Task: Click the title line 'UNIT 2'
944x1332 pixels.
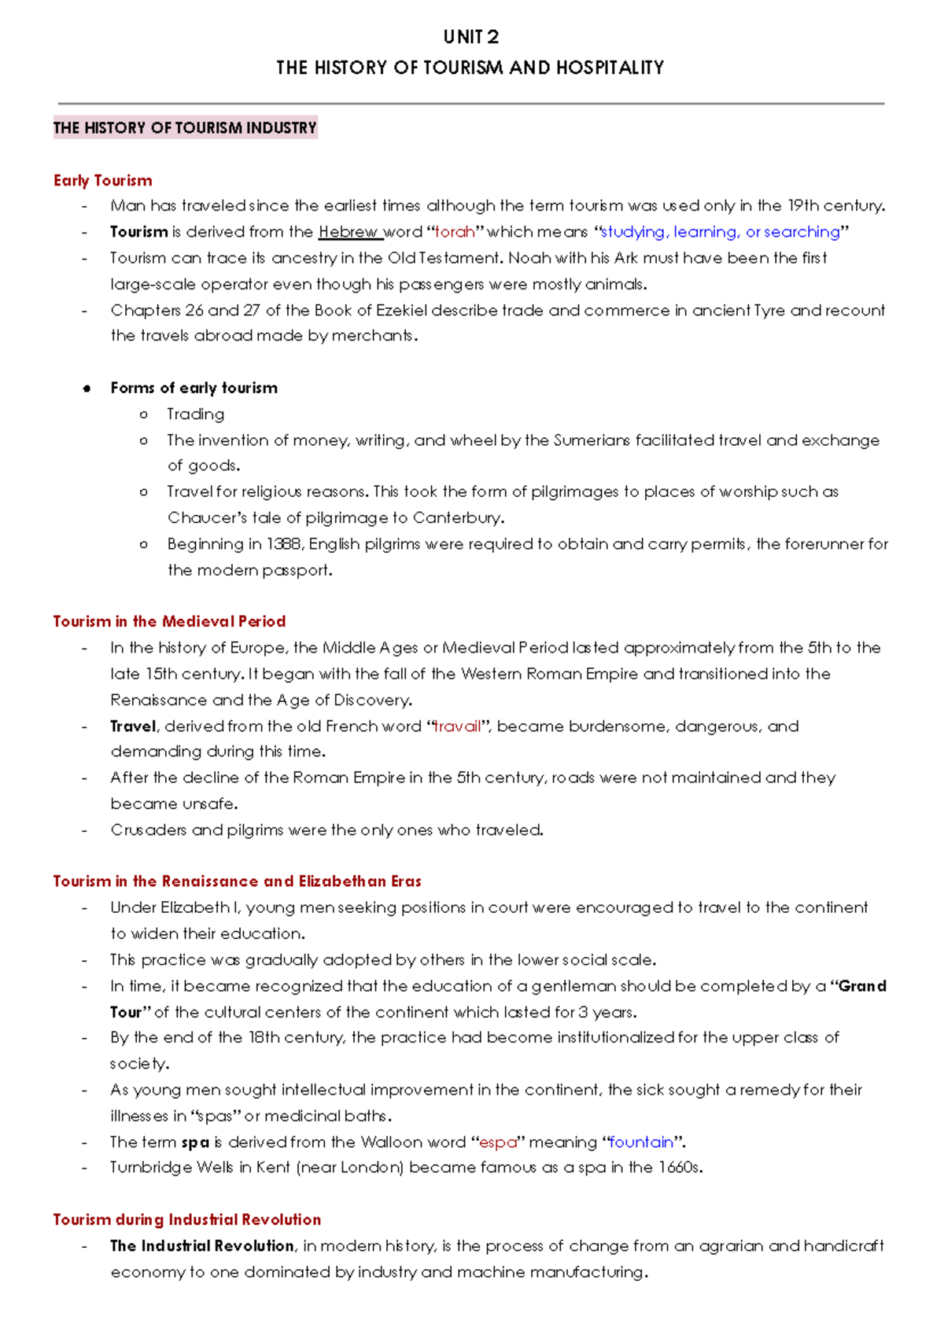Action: [x=470, y=37]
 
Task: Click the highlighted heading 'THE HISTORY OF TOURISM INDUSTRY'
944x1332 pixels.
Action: [x=185, y=127]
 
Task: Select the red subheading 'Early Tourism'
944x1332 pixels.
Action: [x=102, y=180]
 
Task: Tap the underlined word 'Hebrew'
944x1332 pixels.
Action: [x=348, y=232]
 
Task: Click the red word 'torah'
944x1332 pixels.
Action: [x=455, y=232]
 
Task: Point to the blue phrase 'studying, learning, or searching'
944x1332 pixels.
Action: [x=721, y=232]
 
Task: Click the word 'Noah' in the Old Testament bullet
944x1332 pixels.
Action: [x=529, y=258]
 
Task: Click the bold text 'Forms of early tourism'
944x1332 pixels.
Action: [x=194, y=388]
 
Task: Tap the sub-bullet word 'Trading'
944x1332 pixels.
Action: [x=195, y=414]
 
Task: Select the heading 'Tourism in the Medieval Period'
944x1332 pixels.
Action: [x=169, y=621]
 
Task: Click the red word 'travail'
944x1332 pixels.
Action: [x=457, y=726]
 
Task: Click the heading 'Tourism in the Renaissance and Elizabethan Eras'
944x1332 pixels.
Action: [x=237, y=881]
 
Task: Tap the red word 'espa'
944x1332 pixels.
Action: [x=497, y=1142]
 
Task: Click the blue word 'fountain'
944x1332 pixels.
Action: [x=641, y=1142]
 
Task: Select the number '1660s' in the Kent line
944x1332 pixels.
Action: [x=679, y=1168]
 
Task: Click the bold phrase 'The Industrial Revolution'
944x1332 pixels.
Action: [x=201, y=1246]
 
